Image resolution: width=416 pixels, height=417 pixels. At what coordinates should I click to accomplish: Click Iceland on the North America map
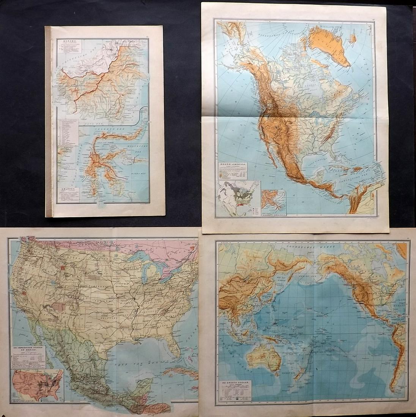tap(353, 38)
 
